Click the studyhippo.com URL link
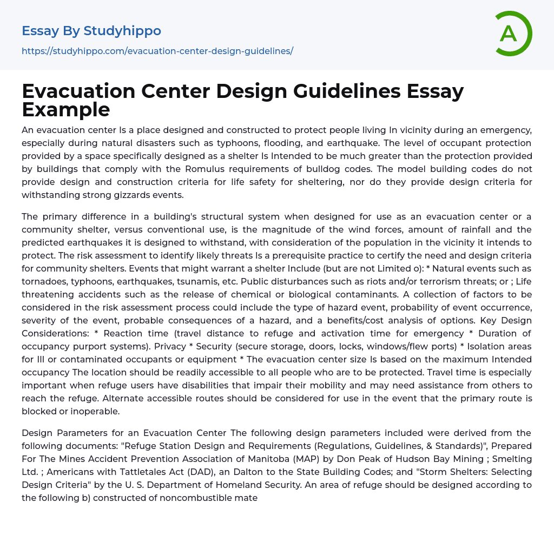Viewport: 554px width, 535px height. (157, 51)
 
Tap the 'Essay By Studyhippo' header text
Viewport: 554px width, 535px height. (91, 31)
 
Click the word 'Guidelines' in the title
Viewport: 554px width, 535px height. (315, 91)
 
